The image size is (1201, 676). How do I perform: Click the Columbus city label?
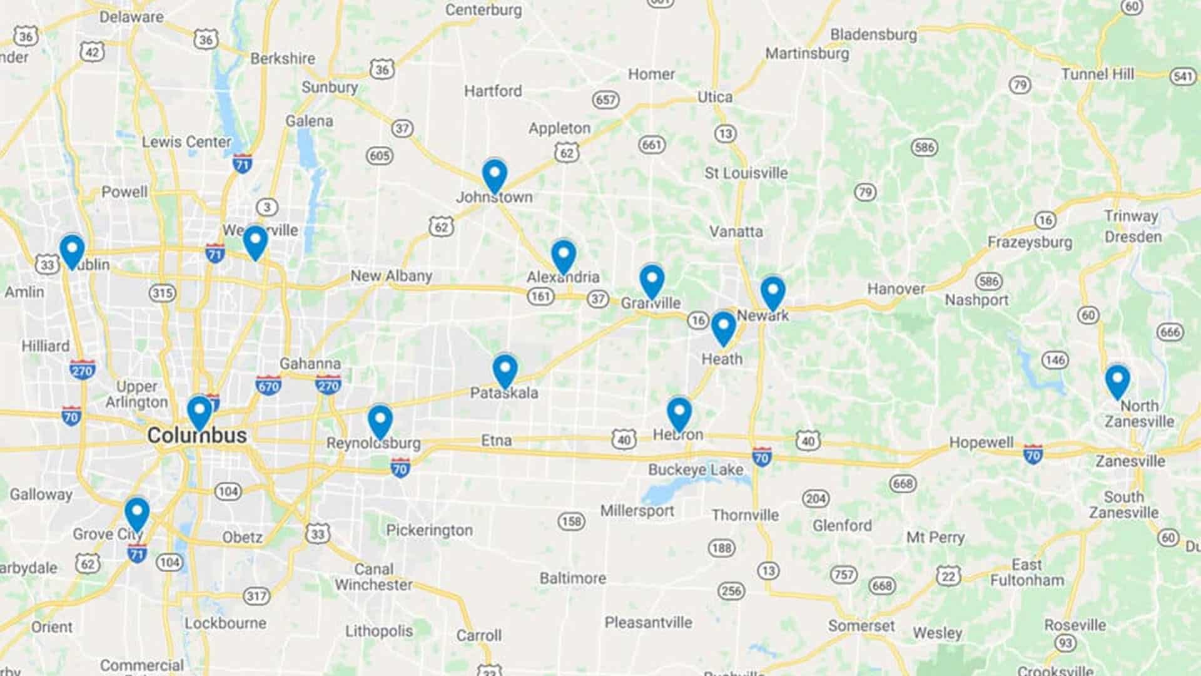[x=197, y=436]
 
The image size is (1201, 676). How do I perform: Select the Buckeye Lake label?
[x=696, y=469]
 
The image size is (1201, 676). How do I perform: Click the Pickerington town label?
[x=429, y=530]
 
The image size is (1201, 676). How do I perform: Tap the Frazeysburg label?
[x=1030, y=242]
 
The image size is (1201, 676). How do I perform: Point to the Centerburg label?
[x=484, y=10]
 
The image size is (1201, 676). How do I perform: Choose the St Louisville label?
[x=746, y=173]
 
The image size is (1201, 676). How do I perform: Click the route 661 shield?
[x=651, y=145]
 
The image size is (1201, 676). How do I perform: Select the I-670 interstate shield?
[x=268, y=386]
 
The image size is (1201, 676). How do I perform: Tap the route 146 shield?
[x=1055, y=359]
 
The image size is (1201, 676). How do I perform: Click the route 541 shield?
[x=1182, y=76]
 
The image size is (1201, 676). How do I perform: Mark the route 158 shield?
[x=571, y=521]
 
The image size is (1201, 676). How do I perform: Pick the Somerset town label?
[x=861, y=625]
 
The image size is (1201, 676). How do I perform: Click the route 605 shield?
[x=380, y=155]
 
